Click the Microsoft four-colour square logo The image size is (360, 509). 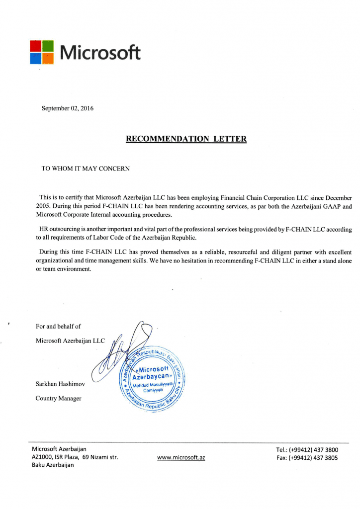(x=42, y=52)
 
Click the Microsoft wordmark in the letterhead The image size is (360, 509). (x=100, y=52)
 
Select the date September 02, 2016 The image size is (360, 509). (x=67, y=108)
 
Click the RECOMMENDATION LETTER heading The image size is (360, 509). (x=186, y=139)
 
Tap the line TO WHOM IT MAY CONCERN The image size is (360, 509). (x=86, y=169)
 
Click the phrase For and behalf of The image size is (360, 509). (x=58, y=327)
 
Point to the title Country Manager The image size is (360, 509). (x=58, y=398)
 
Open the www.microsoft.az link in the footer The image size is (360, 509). (x=180, y=457)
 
